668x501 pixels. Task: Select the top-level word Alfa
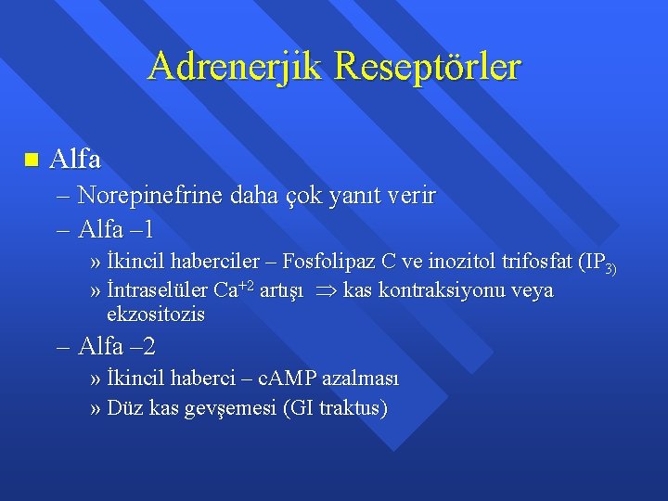point(75,159)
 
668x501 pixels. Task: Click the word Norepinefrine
point(144,196)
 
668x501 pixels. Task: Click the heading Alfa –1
point(116,227)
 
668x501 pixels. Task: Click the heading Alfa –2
point(117,346)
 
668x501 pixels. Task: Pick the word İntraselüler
point(158,290)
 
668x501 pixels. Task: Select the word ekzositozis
point(156,315)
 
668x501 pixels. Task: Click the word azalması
point(371,379)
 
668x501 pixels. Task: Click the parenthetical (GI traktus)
point(338,408)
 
